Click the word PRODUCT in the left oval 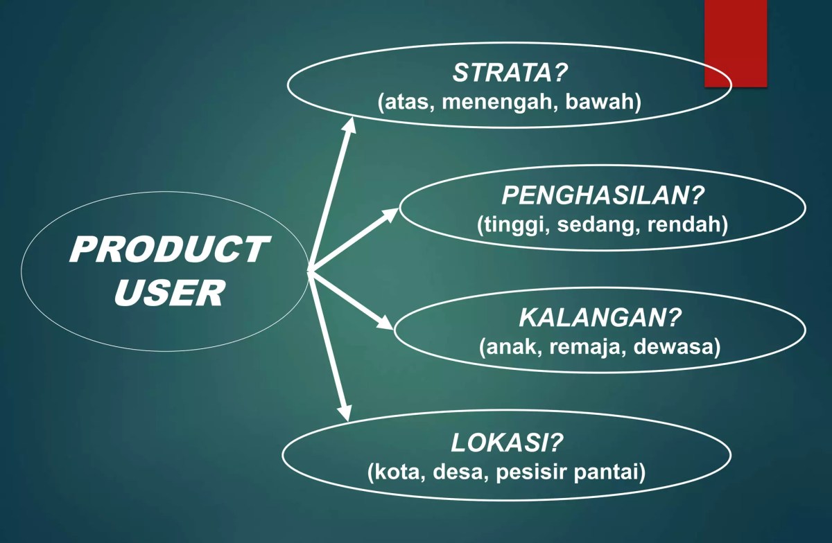point(168,249)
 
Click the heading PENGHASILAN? point(603,196)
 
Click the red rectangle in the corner point(736,43)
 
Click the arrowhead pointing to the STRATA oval point(349,125)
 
